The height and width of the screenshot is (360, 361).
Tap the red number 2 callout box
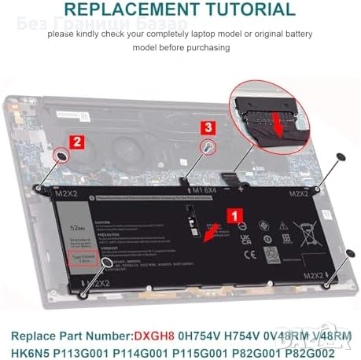pos(76,142)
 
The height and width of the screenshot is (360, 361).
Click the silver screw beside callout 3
pos(207,146)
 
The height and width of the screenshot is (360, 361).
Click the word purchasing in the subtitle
pos(208,47)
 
